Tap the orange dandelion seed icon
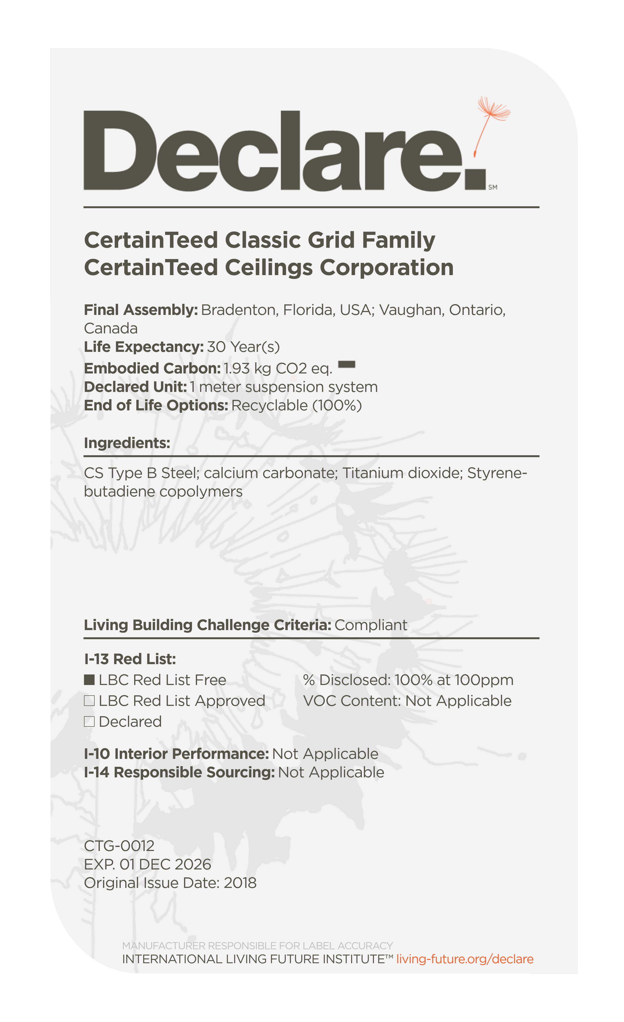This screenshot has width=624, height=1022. pyautogui.click(x=492, y=124)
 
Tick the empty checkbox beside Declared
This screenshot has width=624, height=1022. pyautogui.click(x=89, y=722)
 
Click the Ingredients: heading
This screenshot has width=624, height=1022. pyautogui.click(x=127, y=443)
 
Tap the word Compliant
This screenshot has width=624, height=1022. pyautogui.click(x=371, y=625)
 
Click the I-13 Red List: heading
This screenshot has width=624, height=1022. pyautogui.click(x=130, y=659)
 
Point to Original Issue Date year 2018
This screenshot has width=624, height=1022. pyautogui.click(x=240, y=883)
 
